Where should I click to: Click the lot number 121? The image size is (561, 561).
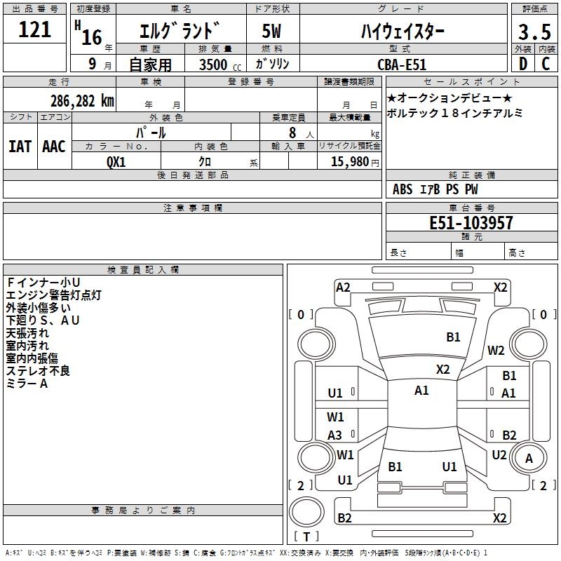[34, 29]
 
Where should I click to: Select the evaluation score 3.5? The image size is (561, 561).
[534, 32]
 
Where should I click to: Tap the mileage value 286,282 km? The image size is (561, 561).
[82, 101]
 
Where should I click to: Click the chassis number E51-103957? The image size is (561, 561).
[471, 222]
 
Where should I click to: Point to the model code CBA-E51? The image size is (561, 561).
[402, 65]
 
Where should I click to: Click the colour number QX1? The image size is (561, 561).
[116, 162]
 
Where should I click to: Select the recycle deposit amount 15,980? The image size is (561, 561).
[350, 161]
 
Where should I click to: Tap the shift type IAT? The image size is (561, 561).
[20, 147]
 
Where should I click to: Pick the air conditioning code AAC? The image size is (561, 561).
[54, 147]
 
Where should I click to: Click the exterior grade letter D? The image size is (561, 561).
[523, 64]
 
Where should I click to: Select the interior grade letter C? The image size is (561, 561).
[546, 64]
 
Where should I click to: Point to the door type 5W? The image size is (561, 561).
[271, 31]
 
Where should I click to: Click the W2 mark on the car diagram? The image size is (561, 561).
[496, 350]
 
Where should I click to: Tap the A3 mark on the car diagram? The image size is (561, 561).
[335, 435]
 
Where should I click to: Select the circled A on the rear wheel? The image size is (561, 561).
[529, 459]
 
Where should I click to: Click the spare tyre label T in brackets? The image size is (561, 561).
[306, 536]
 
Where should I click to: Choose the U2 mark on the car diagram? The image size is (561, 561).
[499, 455]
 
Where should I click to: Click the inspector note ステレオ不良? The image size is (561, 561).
[38, 371]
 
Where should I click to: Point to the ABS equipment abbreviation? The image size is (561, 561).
[403, 189]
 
